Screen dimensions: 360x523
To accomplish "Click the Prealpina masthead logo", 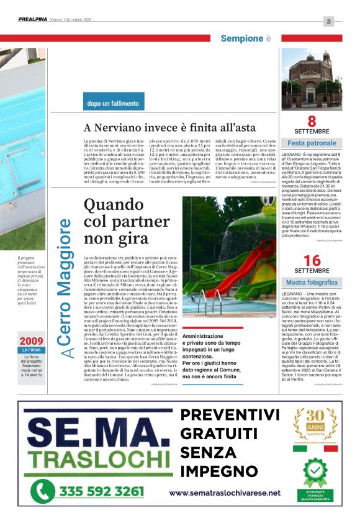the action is (32, 20).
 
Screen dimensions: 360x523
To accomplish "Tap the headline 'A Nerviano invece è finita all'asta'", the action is (169, 127).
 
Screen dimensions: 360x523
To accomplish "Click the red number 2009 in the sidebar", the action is (31, 341).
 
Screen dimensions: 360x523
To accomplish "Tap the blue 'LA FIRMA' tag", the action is (31, 350).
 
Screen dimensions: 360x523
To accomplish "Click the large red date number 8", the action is (312, 121).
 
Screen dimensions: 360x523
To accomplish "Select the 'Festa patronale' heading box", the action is (312, 143).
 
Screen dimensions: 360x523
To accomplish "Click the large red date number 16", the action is (312, 260).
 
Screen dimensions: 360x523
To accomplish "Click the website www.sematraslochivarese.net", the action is (224, 493).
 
